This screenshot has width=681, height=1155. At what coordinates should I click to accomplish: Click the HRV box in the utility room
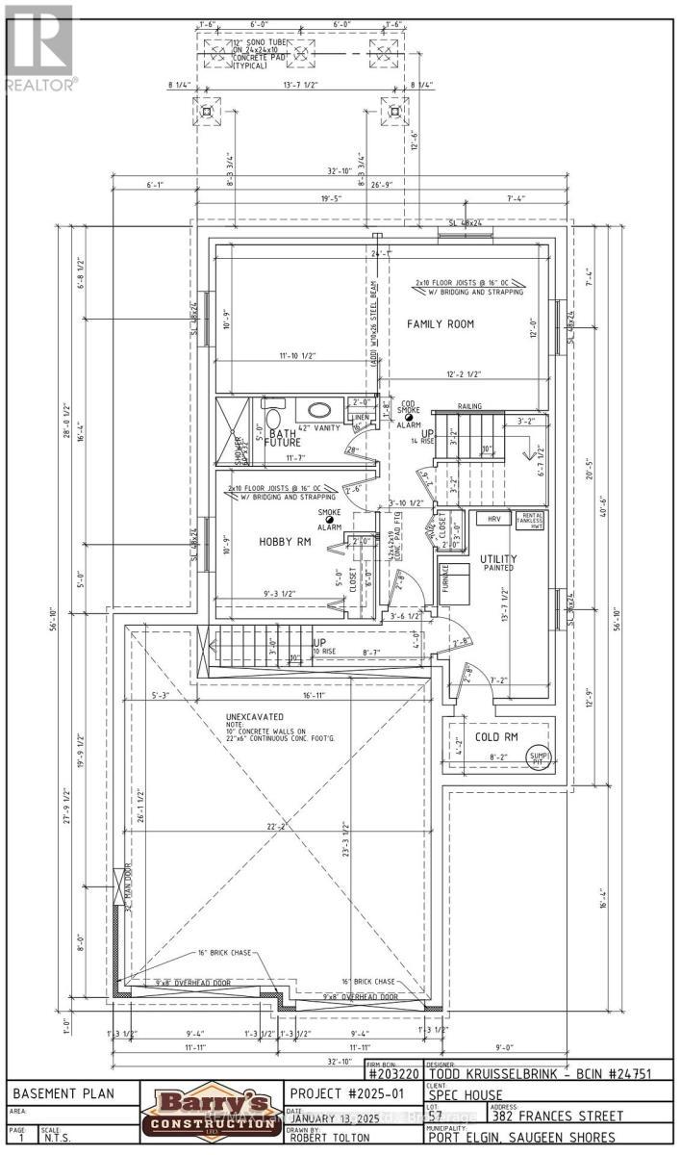(494, 519)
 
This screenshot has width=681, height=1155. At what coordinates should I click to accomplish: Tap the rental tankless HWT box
(532, 520)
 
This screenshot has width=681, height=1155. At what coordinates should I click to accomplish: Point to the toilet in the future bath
(271, 420)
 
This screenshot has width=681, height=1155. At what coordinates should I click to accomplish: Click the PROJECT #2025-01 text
(345, 1093)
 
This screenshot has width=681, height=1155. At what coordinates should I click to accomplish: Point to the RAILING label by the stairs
(470, 407)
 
